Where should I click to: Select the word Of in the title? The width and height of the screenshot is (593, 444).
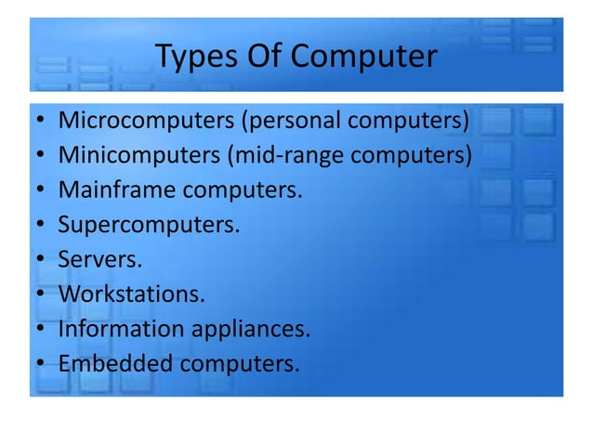pyautogui.click(x=264, y=58)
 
